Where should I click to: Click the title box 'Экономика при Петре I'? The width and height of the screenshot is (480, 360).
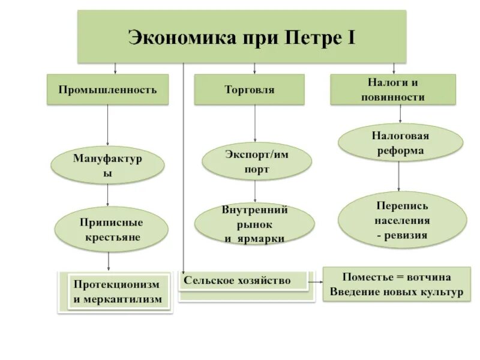pos(241,37)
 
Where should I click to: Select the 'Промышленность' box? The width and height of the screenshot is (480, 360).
pos(107,89)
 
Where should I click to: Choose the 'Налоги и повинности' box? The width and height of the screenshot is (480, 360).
pos(393,89)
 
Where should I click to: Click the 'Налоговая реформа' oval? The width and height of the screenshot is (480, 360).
pos(400,143)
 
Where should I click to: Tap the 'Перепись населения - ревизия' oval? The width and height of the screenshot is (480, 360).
pos(402,220)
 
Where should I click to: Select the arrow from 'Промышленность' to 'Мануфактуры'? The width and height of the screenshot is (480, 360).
pos(107,126)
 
